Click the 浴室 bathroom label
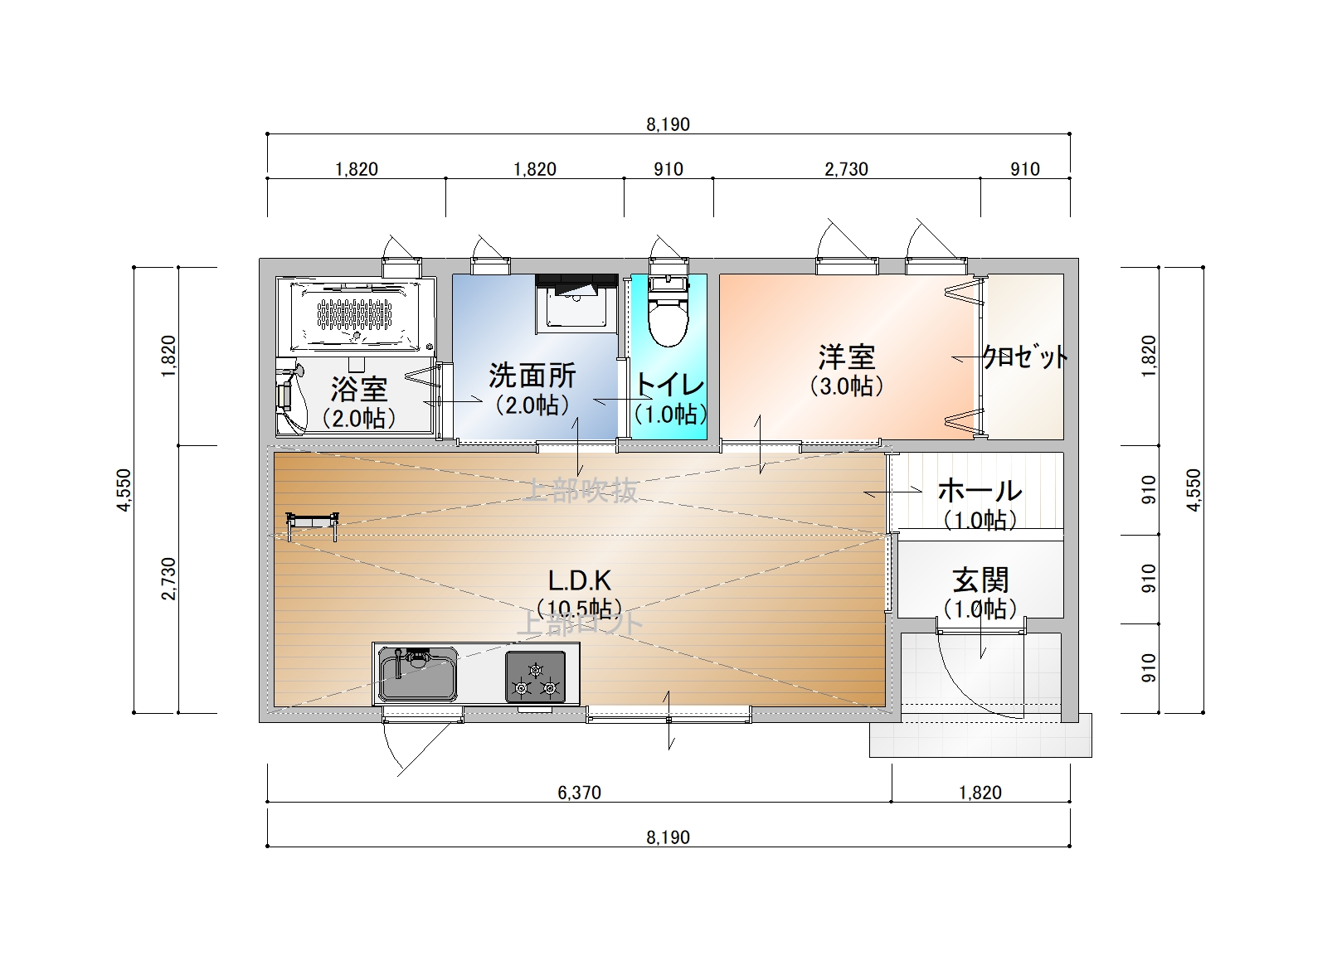tap(359, 389)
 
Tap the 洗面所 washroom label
tap(532, 376)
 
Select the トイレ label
tap(669, 385)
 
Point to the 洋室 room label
tap(846, 357)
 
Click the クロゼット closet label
tap(1025, 357)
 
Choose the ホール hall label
tap(980, 491)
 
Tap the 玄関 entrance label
tap(980, 580)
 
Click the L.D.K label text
tap(580, 580)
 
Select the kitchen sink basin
tap(418, 674)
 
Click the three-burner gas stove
tap(536, 677)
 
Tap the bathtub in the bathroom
tap(356, 316)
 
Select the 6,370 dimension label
tap(580, 793)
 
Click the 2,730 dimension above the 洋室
tap(846, 169)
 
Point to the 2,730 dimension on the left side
tap(169, 579)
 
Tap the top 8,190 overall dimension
tap(668, 124)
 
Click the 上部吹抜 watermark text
tap(581, 491)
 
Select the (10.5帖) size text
tap(580, 609)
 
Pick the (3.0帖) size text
tap(846, 386)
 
